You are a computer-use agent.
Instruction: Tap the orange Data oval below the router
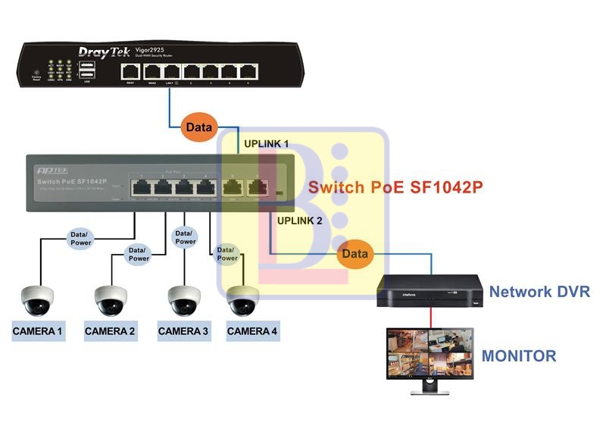pyautogui.click(x=200, y=127)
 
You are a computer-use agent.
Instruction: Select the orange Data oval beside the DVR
pyautogui.click(x=355, y=253)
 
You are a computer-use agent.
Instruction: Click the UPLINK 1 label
pyautogui.click(x=266, y=143)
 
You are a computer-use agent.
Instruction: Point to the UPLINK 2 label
pyautogui.click(x=300, y=221)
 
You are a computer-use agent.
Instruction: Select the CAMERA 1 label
pyautogui.click(x=38, y=331)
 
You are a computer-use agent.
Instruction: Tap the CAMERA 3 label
pyautogui.click(x=183, y=331)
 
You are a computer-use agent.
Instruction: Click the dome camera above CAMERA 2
pyautogui.click(x=111, y=301)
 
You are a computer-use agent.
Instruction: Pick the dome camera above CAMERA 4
pyautogui.click(x=244, y=300)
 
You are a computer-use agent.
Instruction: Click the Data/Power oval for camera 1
pyautogui.click(x=80, y=238)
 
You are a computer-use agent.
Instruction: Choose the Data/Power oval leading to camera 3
pyautogui.click(x=185, y=237)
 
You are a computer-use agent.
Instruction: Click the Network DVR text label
pyautogui.click(x=539, y=292)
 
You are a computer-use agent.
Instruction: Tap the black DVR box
pyautogui.click(x=430, y=291)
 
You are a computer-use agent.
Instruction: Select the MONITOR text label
pyautogui.click(x=519, y=355)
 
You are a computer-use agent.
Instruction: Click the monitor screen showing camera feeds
pyautogui.click(x=430, y=352)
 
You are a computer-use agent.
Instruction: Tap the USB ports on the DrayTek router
pyautogui.click(x=86, y=70)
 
